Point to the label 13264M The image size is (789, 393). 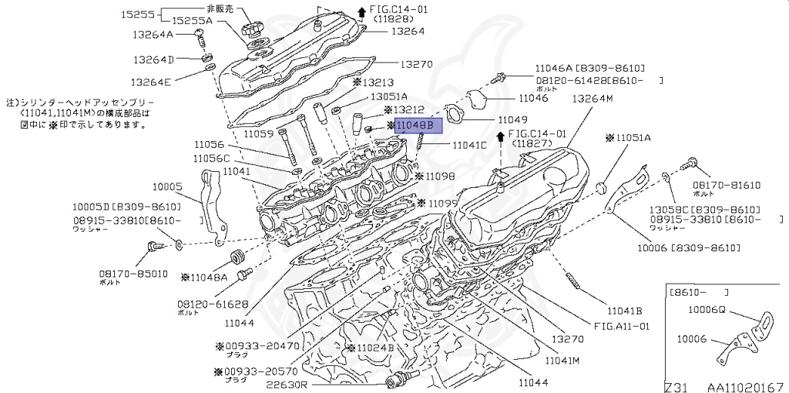(592, 98)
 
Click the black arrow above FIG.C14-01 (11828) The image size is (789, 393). (361, 11)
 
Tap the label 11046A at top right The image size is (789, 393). (553, 69)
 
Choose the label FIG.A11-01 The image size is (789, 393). (622, 326)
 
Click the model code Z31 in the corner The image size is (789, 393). (679, 385)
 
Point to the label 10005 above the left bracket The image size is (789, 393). (167, 186)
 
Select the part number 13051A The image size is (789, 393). (389, 97)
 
